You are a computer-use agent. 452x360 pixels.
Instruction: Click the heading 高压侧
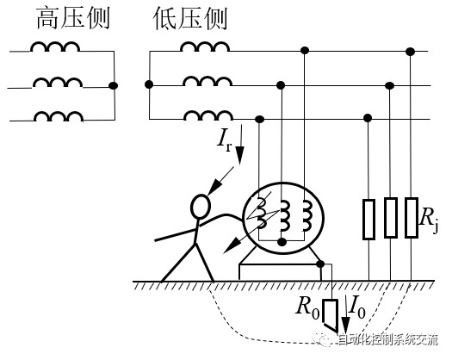(73, 18)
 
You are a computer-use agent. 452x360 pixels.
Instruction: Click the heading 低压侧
(190, 18)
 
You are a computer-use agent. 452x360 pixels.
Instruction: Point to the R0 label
(307, 307)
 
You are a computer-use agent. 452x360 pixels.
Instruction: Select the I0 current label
(357, 307)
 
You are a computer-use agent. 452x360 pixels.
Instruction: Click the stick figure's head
(201, 206)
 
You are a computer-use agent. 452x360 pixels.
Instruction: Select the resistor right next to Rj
(412, 218)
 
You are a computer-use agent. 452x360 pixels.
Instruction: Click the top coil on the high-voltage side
(55, 47)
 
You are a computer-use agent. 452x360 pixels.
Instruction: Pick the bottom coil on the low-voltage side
(208, 115)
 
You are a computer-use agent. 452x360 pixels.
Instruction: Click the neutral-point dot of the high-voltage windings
(113, 85)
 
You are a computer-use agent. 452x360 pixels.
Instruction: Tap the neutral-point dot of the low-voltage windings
(149, 84)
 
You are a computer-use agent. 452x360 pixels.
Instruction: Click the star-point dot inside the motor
(282, 242)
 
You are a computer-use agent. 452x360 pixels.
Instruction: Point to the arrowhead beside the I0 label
(345, 326)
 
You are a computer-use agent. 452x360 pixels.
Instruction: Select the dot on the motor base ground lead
(320, 264)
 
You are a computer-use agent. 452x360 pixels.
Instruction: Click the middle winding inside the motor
(284, 216)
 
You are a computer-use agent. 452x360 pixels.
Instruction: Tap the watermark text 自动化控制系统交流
(387, 340)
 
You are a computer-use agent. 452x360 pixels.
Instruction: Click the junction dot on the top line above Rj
(410, 52)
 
